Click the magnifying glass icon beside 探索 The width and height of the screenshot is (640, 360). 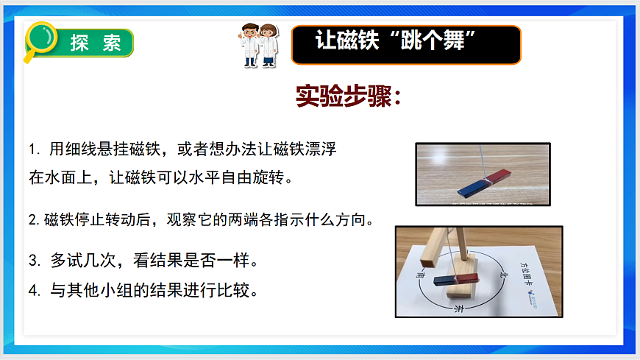41,38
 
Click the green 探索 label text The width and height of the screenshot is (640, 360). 96,43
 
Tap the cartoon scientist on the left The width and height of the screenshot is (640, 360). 250,45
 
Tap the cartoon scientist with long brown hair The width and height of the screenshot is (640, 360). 269,45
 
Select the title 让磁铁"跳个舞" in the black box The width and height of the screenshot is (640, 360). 404,40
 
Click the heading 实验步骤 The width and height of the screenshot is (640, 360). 347,96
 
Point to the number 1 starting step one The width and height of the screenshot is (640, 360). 33,149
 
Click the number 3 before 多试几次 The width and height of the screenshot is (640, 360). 33,261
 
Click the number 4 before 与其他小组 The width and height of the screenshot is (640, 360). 33,290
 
